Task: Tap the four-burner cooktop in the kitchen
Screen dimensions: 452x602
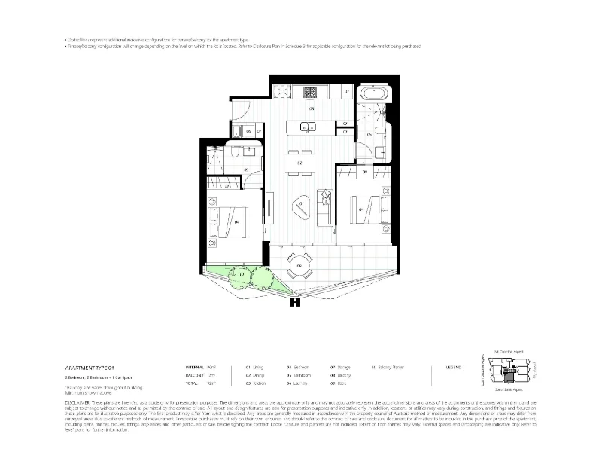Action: tap(309, 93)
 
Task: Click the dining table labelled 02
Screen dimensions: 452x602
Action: tap(299, 162)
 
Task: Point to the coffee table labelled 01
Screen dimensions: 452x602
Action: tap(300, 205)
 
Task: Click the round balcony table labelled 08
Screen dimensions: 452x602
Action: tap(299, 265)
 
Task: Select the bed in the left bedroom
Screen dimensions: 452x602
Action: tap(228, 221)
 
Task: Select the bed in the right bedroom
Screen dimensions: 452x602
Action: tap(364, 206)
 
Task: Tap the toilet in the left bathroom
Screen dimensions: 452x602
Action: tap(235, 153)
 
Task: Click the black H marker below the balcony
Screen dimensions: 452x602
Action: tap(295, 303)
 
